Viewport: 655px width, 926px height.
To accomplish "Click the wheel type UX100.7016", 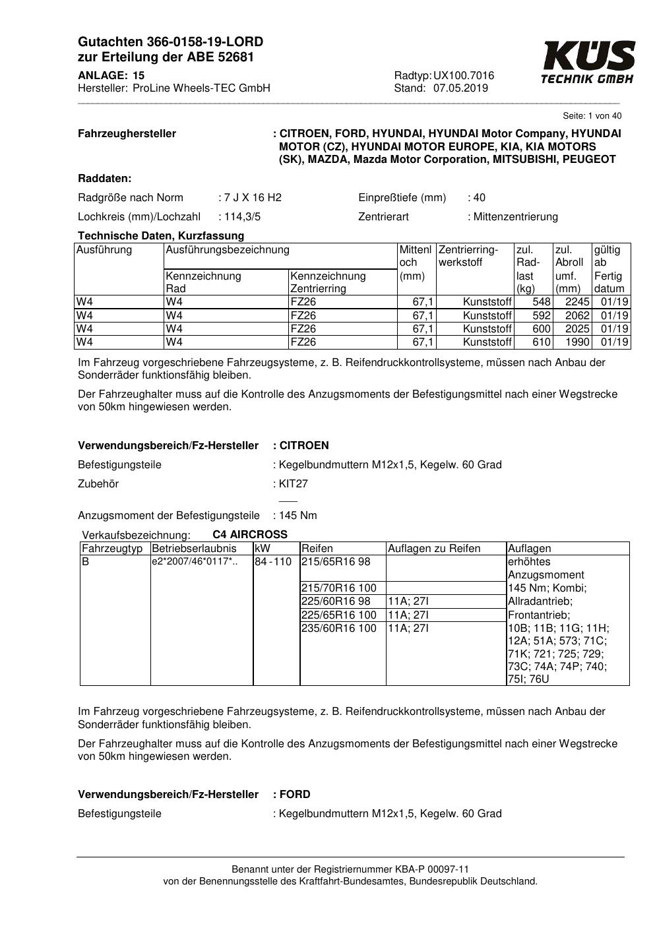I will click(x=464, y=76).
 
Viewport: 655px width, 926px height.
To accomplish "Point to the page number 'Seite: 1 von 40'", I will click(x=592, y=116).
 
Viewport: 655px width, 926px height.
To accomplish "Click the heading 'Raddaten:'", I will click(x=104, y=178).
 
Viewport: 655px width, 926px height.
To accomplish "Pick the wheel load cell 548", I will click(x=542, y=302).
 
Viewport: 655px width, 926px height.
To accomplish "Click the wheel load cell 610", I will click(x=542, y=342).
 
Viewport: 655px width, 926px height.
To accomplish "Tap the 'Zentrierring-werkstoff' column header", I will click(x=468, y=256).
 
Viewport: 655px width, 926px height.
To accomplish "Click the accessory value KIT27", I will click(x=294, y=483).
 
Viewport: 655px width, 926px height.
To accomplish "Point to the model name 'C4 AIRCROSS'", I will click(x=250, y=534).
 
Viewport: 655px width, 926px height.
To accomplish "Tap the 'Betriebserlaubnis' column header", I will click(x=194, y=548).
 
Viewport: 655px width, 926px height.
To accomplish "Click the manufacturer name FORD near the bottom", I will click(x=295, y=794).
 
